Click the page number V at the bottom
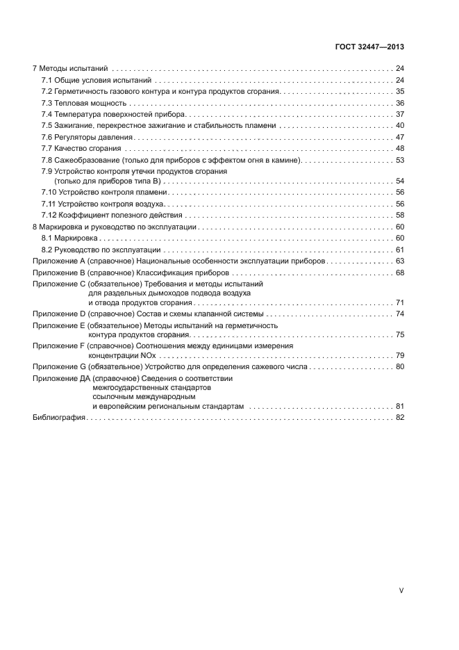click(401, 590)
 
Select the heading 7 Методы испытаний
click(70, 70)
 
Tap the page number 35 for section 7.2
click(399, 92)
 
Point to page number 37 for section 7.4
click(399, 114)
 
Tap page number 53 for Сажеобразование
click(399, 160)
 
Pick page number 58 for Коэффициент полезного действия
click(399, 216)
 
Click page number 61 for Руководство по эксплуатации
click(399, 250)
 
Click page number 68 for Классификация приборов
click(399, 272)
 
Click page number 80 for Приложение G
click(399, 366)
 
